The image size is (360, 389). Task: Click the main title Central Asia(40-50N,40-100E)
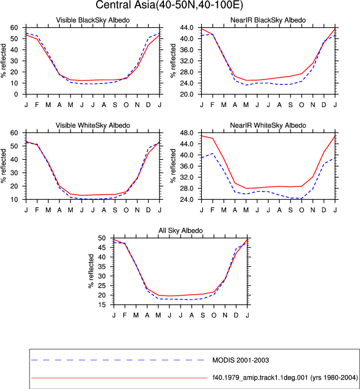click(x=169, y=5)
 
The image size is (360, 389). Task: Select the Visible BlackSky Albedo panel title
click(x=93, y=20)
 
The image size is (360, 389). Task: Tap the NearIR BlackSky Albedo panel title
click(x=268, y=20)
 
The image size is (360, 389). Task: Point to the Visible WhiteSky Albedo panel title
click(x=93, y=125)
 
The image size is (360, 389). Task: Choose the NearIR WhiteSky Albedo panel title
click(x=268, y=125)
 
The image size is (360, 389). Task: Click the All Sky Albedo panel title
click(x=181, y=230)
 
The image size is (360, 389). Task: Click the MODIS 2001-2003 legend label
click(x=241, y=360)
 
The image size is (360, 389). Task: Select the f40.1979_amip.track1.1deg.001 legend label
click(x=285, y=378)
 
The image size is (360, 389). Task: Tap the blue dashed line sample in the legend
click(x=118, y=360)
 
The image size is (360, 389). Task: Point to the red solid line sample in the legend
click(x=119, y=378)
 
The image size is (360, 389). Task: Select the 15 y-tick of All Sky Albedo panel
click(x=102, y=305)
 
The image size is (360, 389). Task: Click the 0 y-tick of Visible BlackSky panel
click(x=16, y=94)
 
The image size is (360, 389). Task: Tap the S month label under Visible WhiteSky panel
click(x=115, y=210)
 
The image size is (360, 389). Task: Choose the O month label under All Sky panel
click(x=214, y=315)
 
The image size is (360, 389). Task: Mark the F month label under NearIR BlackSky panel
click(x=212, y=105)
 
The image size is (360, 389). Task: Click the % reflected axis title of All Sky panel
click(x=91, y=271)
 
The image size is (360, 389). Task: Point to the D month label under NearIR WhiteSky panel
click(x=324, y=210)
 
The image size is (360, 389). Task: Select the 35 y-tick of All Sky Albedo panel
click(x=102, y=266)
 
